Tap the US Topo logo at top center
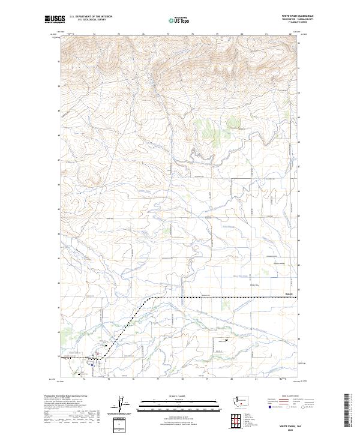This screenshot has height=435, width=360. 179,20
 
